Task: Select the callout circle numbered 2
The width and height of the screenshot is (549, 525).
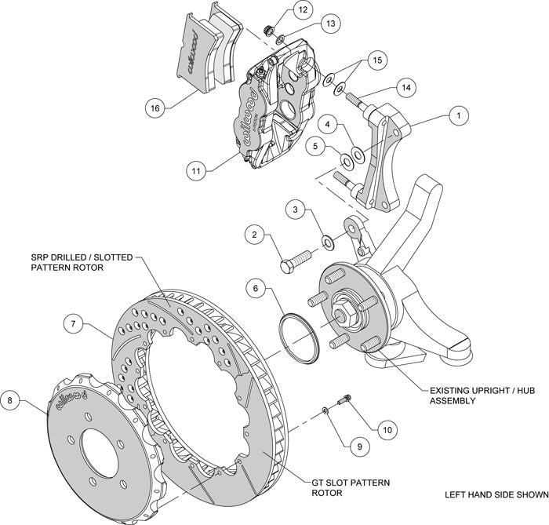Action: pos(254,233)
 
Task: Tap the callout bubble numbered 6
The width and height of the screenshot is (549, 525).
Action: pos(254,289)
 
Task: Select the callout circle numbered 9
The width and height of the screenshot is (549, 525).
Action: pos(358,446)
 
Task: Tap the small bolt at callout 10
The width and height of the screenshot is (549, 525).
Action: pos(344,402)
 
